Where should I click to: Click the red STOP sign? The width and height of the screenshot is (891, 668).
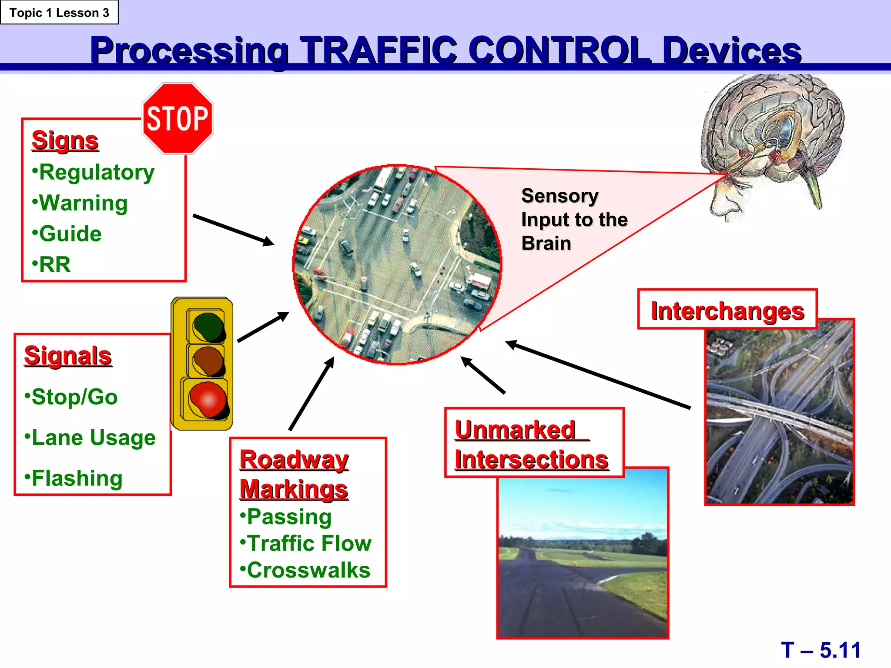(178, 118)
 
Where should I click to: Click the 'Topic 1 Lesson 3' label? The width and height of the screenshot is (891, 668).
(59, 13)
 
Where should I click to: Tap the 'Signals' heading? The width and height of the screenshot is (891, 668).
(68, 356)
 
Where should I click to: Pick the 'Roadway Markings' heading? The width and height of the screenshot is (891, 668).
(294, 474)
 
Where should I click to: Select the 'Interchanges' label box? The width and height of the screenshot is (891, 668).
(727, 310)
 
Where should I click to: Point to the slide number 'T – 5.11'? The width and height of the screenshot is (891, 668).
(821, 650)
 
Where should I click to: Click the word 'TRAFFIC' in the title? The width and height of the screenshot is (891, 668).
(378, 50)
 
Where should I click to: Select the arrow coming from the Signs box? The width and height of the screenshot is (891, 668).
(233, 230)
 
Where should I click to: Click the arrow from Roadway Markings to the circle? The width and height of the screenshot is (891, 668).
(312, 394)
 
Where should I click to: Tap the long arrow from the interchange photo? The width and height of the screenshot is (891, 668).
(598, 375)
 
